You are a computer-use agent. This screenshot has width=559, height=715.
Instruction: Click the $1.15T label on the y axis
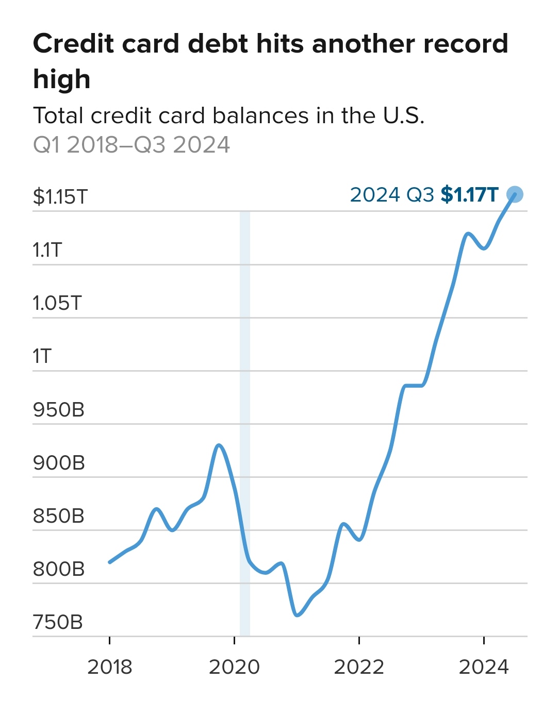[x=60, y=196]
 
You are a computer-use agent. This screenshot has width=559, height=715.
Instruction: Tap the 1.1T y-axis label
[x=47, y=250]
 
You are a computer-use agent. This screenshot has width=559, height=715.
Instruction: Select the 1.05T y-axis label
[x=57, y=303]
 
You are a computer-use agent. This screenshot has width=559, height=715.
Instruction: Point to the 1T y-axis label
[x=42, y=356]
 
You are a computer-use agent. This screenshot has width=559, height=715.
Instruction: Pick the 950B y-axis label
[x=59, y=410]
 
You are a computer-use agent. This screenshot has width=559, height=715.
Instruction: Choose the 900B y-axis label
[x=59, y=463]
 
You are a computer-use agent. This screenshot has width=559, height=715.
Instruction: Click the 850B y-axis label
[x=59, y=516]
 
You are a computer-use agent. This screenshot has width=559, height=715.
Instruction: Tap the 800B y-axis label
[x=59, y=569]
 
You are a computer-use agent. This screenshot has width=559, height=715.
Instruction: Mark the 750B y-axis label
[x=58, y=622]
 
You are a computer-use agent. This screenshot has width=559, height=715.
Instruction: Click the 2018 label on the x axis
[x=109, y=667]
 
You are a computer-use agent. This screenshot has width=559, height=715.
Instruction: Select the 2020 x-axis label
[x=234, y=667]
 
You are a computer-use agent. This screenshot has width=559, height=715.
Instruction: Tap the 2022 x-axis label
[x=359, y=667]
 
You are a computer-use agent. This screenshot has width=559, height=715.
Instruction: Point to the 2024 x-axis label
[x=484, y=667]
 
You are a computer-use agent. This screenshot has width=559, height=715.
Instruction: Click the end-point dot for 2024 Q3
[x=515, y=194]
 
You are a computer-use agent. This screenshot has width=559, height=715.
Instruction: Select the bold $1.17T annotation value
[x=470, y=195]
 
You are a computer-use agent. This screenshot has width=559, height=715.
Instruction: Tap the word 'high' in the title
[x=62, y=79]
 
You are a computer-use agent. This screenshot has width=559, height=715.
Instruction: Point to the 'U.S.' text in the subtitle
[x=404, y=115]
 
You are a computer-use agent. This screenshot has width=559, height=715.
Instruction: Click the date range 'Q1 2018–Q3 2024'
[x=131, y=145]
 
